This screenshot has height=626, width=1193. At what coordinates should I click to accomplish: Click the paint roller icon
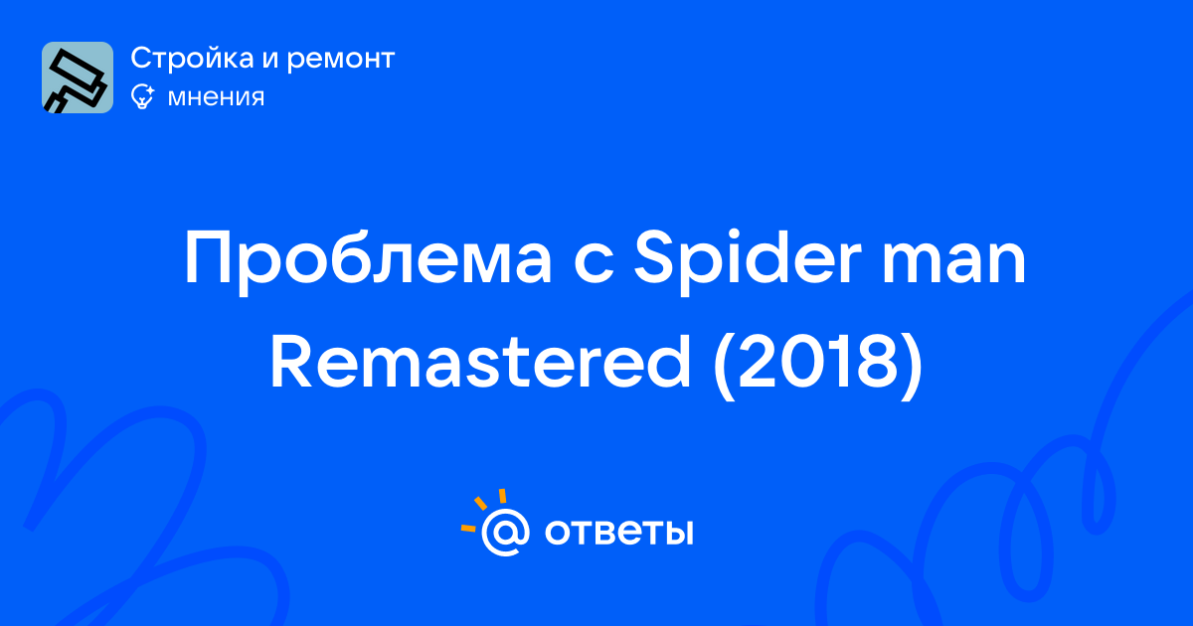(78, 78)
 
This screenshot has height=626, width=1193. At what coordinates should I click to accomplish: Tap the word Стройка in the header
(192, 59)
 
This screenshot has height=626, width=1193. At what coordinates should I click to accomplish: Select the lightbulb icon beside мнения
(142, 96)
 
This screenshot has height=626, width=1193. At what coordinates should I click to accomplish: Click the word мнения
(216, 97)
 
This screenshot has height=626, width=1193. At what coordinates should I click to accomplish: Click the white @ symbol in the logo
(505, 533)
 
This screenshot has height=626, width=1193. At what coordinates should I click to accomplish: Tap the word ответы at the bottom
(618, 533)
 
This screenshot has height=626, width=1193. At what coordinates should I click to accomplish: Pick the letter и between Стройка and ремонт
(270, 61)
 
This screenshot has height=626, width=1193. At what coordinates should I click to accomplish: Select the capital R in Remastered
(291, 362)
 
